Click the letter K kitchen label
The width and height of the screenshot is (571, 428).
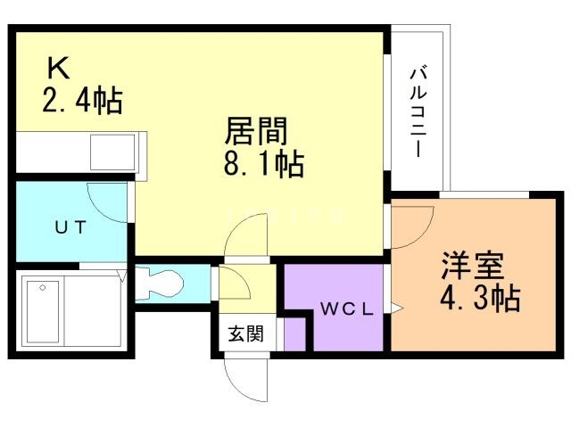coord(58,68)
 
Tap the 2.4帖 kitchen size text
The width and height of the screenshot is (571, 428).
coord(81,99)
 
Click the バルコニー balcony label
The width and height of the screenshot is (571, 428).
coord(418,111)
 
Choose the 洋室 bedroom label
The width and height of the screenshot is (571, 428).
coord(472,266)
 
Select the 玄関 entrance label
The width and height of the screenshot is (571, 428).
coord(244,334)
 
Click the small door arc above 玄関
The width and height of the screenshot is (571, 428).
coord(235,284)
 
